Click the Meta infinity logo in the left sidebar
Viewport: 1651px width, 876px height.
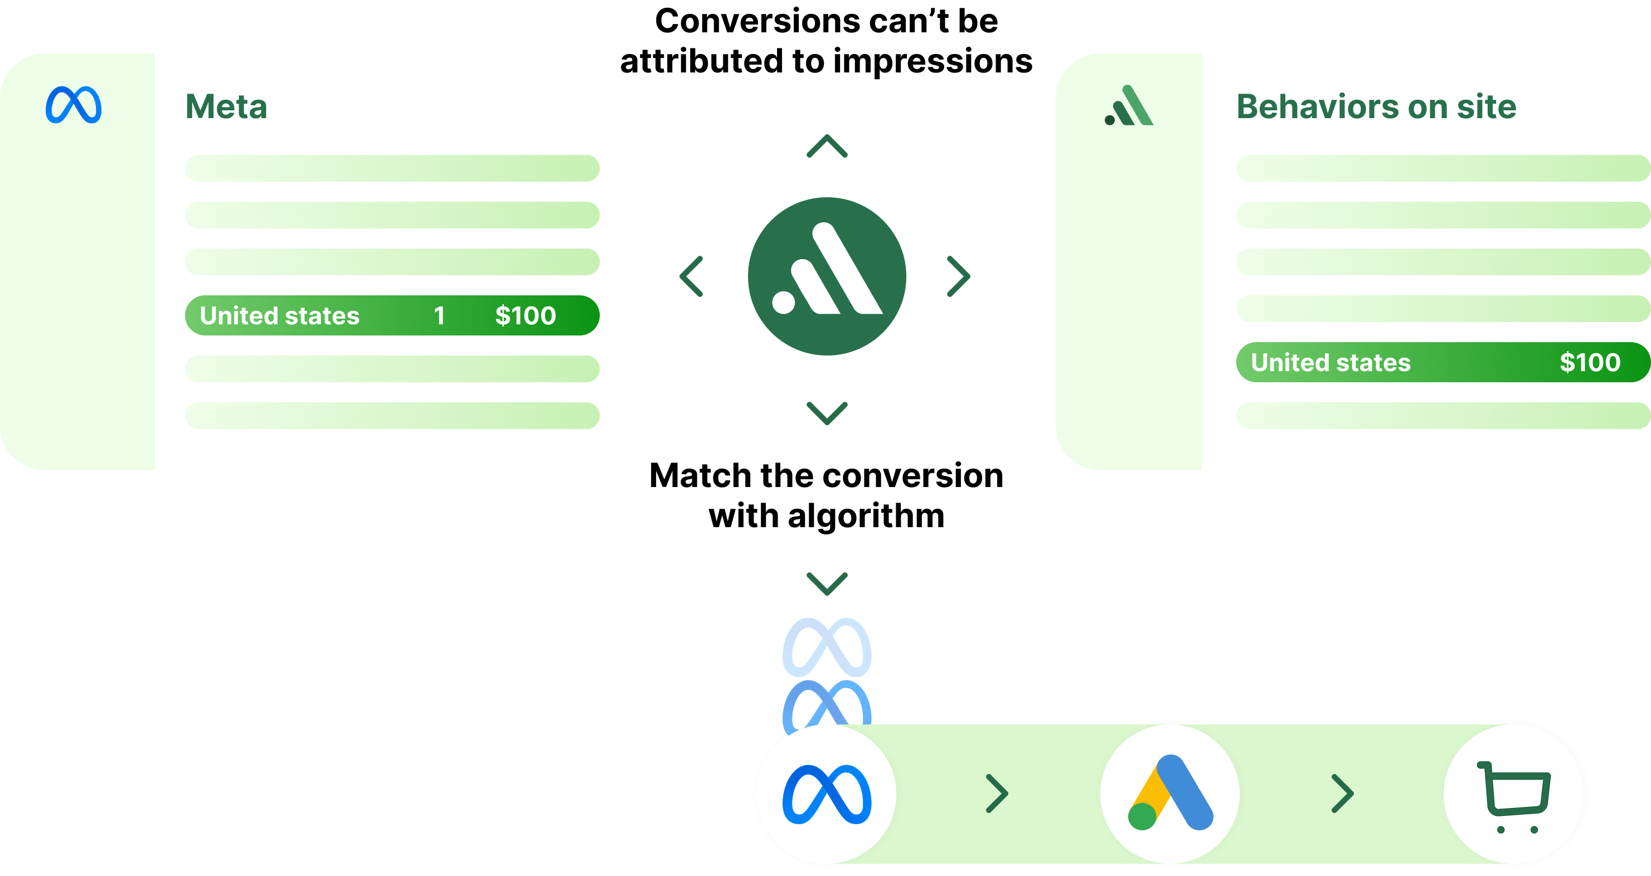click(73, 104)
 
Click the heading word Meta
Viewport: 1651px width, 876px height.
click(226, 106)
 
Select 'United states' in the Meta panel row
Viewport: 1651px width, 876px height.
click(279, 316)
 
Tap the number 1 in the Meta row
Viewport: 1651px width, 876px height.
click(439, 316)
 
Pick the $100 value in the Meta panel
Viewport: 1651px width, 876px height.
click(526, 316)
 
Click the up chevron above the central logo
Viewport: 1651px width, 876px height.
click(827, 146)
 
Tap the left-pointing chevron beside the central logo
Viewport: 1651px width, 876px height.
click(692, 276)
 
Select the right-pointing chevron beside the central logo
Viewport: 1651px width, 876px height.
click(959, 276)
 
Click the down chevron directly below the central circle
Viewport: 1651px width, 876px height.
click(827, 413)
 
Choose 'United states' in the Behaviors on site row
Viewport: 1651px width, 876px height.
click(1330, 363)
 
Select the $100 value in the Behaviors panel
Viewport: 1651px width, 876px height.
click(1590, 363)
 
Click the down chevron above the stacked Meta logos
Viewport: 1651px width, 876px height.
click(827, 583)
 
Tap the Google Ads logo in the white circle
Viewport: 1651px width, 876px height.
click(1171, 793)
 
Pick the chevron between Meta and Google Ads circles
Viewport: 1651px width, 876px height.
click(997, 794)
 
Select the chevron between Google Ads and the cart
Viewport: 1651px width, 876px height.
click(1342, 794)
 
